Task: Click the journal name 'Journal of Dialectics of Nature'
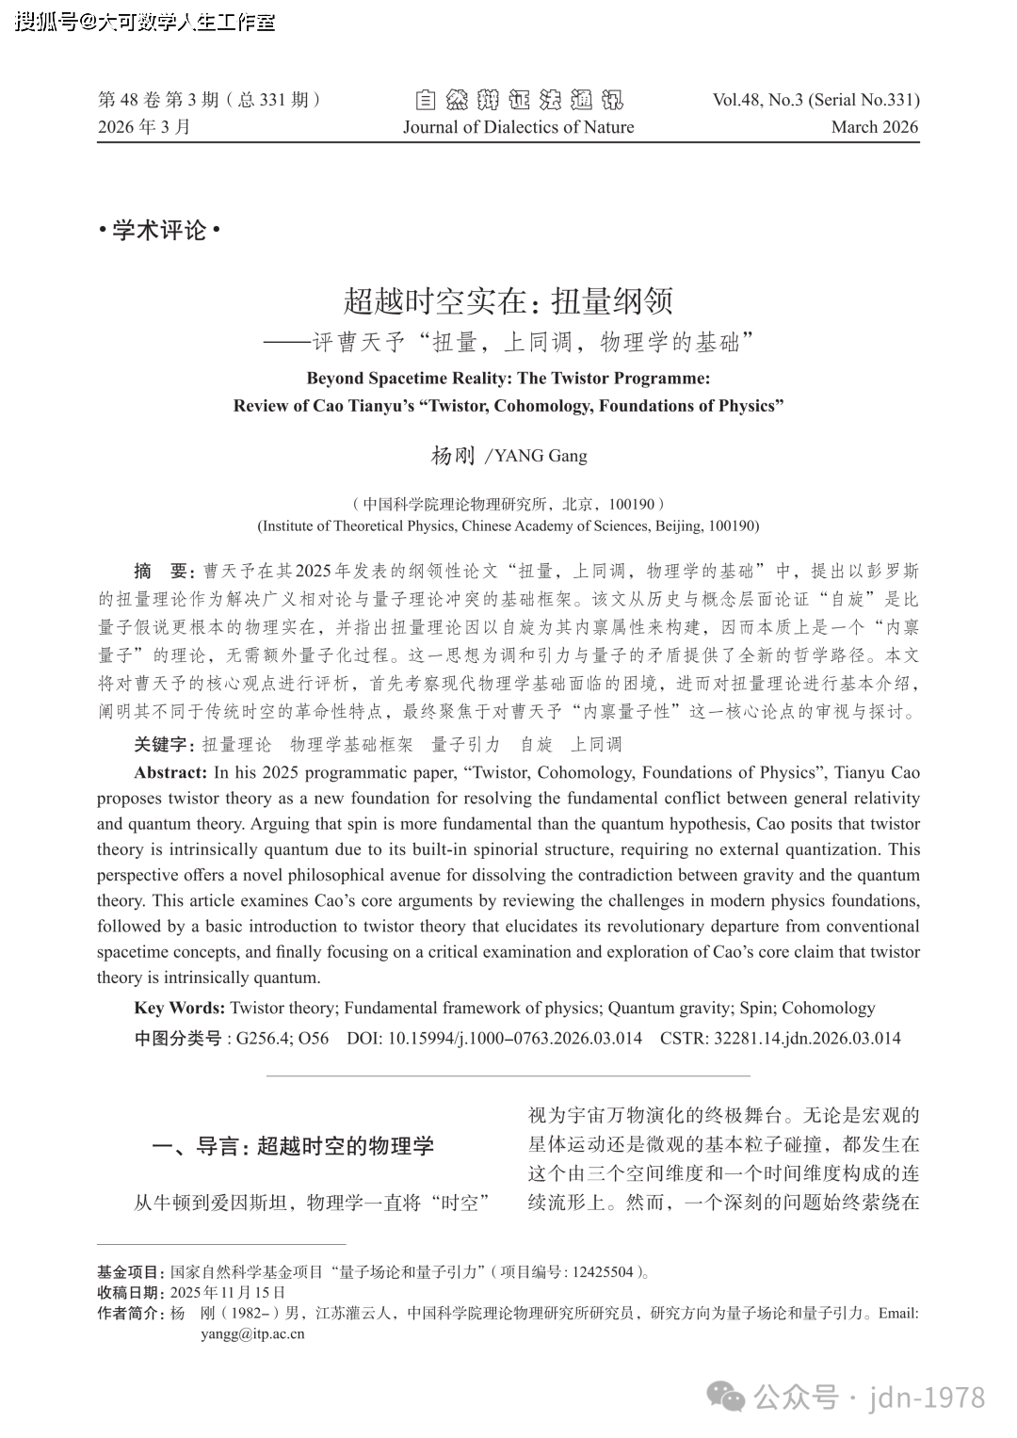click(518, 127)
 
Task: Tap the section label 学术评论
click(158, 230)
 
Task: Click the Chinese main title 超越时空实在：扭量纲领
click(508, 301)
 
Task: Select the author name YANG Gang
click(541, 456)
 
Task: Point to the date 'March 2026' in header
click(874, 127)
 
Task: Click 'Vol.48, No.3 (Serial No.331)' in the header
click(815, 100)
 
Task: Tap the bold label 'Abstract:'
click(170, 773)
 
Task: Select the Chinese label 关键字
click(163, 745)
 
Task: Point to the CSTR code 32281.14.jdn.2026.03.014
click(807, 1039)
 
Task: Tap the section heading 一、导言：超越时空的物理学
click(293, 1146)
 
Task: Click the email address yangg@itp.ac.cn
click(252, 1333)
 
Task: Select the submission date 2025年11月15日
click(227, 1292)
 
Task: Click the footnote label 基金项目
click(130, 1272)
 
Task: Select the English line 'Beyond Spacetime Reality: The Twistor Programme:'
click(508, 379)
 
